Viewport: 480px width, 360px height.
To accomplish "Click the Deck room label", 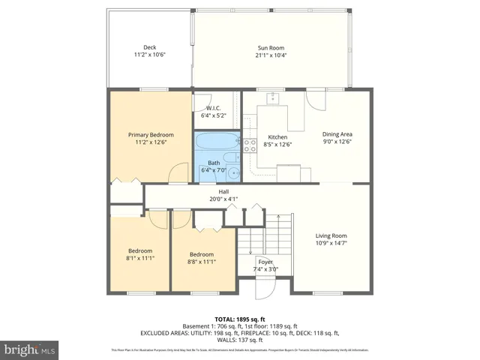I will pos(149,47).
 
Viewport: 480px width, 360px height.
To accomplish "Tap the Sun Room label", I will pos(271,47).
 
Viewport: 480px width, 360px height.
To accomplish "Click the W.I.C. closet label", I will pos(213,108).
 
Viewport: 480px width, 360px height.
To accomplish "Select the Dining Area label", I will pos(337,134).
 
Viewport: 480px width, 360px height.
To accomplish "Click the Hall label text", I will pos(202,192).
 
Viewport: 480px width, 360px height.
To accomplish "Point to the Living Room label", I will pos(330,235).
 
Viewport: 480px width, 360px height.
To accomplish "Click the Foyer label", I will pos(265,262).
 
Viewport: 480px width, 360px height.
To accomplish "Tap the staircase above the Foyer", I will pos(264,232).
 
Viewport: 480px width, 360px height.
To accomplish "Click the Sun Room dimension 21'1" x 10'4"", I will pos(271,55).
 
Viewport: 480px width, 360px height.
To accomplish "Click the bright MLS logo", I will pos(30,350).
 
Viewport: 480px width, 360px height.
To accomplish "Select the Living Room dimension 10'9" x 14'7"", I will pos(330,243).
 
